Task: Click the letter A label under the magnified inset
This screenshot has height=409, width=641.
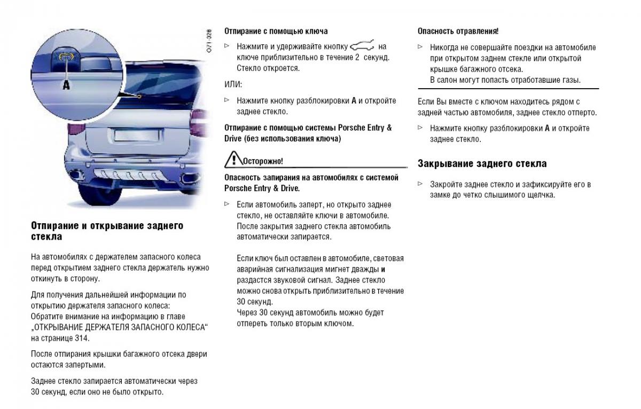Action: [66, 84]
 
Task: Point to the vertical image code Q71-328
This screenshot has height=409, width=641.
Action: [209, 40]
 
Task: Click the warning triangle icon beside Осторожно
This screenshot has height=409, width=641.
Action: [233, 159]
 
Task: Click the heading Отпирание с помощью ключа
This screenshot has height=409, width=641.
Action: [276, 32]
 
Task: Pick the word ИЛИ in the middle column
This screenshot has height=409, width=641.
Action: [233, 84]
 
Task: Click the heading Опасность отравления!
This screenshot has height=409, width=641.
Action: [458, 32]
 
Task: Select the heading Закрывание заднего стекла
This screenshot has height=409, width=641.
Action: [482, 163]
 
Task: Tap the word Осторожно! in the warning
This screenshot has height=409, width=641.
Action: [263, 161]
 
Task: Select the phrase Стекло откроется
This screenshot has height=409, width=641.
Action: [268, 68]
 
